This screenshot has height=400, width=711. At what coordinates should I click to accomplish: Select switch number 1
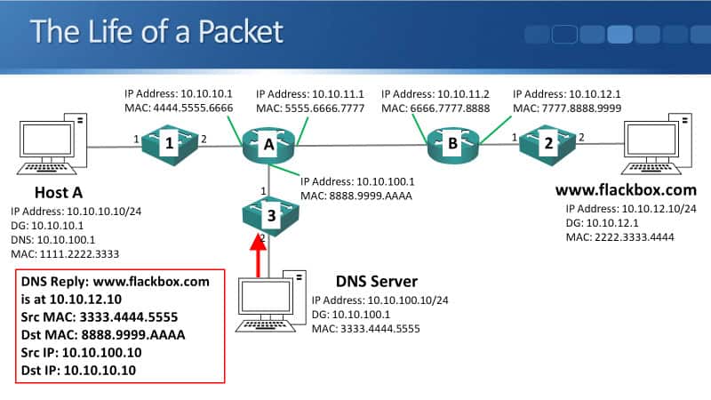click(169, 141)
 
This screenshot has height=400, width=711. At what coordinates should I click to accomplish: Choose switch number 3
click(269, 214)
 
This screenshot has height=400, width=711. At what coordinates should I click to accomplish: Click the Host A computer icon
click(52, 142)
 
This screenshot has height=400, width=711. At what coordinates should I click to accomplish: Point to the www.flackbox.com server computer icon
click(659, 143)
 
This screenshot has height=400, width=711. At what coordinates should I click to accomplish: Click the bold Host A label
click(59, 193)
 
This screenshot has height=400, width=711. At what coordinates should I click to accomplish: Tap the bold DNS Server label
click(382, 281)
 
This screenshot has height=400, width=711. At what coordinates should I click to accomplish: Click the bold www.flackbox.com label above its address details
click(625, 190)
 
